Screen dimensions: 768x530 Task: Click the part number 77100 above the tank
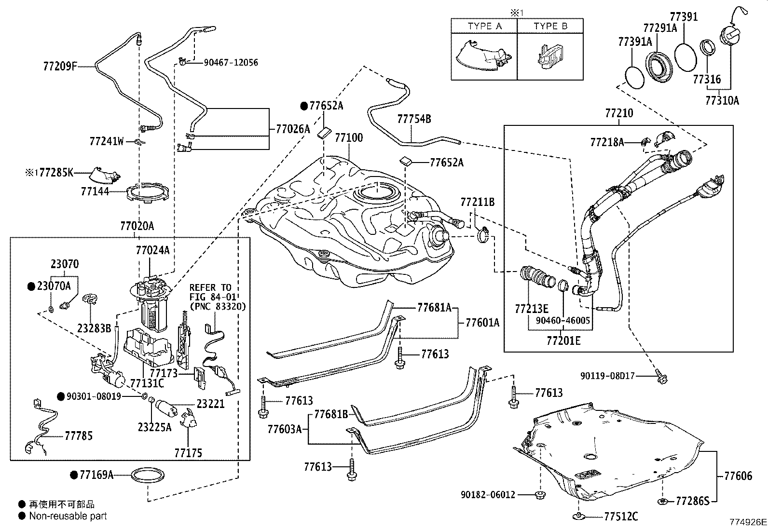coord(349,138)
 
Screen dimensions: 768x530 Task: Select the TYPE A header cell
coord(484,26)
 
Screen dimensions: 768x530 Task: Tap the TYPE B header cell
coord(550,26)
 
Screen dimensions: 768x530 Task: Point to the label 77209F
coord(60,66)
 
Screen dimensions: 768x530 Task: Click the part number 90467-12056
coord(231,63)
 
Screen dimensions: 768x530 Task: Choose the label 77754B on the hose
coord(414,119)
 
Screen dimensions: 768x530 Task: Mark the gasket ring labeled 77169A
coord(148,475)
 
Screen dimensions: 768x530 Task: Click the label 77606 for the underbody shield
coord(738,476)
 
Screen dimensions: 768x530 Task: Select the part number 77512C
coord(621,516)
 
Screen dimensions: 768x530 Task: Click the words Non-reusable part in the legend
coord(68,516)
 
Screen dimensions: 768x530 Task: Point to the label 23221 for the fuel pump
coord(210,404)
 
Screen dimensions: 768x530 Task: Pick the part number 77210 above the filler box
coord(619,113)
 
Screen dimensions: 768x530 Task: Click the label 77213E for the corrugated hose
coord(532,309)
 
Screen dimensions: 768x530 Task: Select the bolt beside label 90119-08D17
coord(662,377)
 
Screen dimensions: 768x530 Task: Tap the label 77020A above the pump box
coord(137,226)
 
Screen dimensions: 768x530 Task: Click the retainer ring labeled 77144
coord(148,193)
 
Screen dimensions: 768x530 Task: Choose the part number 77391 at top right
coord(684,17)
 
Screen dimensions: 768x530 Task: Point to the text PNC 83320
coord(219,307)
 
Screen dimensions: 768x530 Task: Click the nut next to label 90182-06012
coord(540,494)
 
